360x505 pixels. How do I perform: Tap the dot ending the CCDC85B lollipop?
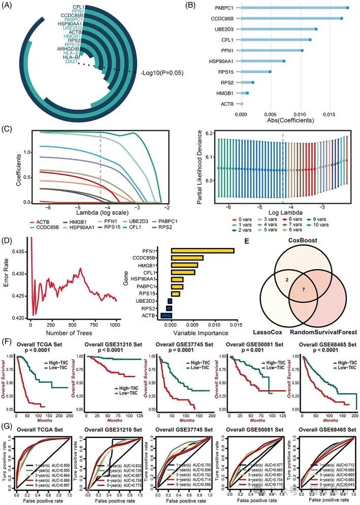point(341,18)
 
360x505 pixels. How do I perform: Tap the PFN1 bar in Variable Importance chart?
point(202,250)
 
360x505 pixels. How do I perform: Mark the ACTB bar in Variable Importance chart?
point(166,315)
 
